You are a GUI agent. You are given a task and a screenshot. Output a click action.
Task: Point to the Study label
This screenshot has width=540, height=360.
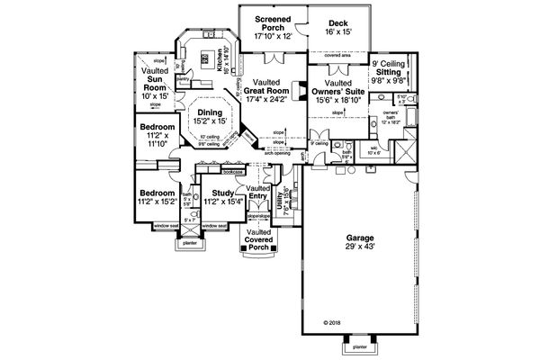(217, 193)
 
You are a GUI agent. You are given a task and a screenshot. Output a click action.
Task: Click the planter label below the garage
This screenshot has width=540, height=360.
(359, 346)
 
